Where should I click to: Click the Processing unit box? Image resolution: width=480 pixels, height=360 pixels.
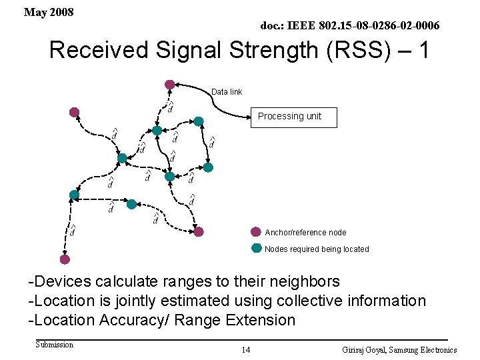pos(293,117)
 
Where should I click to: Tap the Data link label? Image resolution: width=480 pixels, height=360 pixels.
pos(227,91)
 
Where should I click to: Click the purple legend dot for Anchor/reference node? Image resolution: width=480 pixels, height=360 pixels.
pos(256,232)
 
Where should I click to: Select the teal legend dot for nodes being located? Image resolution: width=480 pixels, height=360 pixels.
pos(257,248)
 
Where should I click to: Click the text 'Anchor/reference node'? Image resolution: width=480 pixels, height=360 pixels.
pos(305,233)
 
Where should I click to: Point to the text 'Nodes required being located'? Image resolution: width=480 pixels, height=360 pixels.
pos(317,249)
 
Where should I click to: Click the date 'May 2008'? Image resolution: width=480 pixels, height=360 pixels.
pos(49,13)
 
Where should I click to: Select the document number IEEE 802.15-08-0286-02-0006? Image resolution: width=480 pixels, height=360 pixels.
pos(349,25)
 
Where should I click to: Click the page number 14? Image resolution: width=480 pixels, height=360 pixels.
pos(246,349)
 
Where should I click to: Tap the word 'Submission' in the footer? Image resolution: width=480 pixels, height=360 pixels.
pos(54,345)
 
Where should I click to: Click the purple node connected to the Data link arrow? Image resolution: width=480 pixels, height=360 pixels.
pos(170,85)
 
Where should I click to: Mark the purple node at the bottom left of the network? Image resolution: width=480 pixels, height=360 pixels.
pos(65,259)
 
